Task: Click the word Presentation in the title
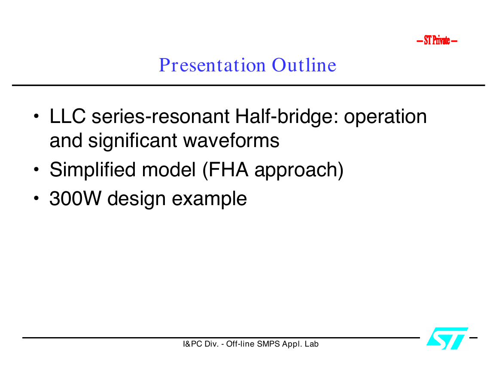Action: tap(212, 65)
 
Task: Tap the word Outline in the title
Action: tap(304, 65)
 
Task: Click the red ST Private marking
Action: tap(437, 40)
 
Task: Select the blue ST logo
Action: tap(447, 338)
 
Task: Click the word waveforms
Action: tap(231, 140)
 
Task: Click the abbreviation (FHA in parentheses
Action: tap(225, 170)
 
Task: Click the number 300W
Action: tap(75, 199)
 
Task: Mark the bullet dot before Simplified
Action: tap(37, 169)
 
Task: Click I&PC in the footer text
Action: tap(193, 344)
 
